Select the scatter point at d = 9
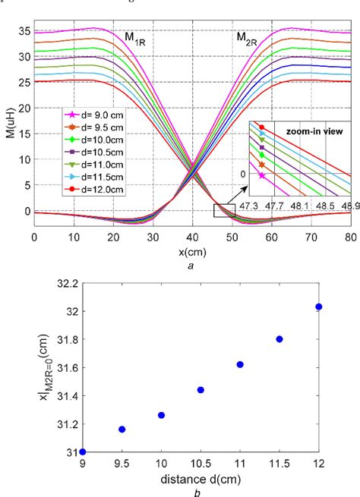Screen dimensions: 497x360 tap(82, 451)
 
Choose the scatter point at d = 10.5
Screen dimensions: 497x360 tap(201, 389)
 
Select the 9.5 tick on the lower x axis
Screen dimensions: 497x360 tap(122, 464)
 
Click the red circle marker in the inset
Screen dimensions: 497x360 tap(262, 127)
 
